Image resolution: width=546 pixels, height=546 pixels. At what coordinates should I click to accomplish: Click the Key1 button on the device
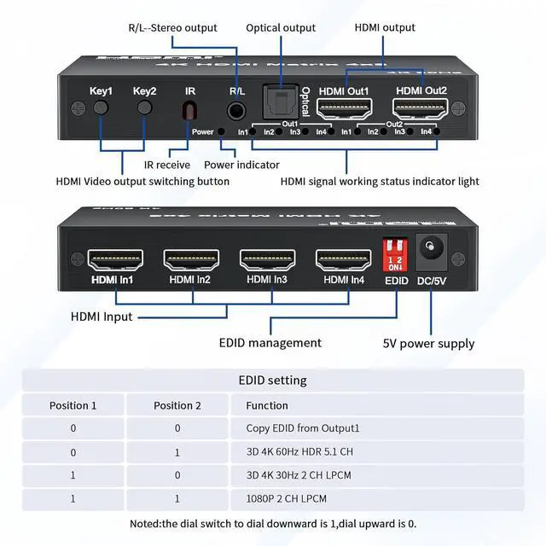click(x=101, y=108)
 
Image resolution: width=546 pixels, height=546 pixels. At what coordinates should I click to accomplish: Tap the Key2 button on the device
click(x=145, y=108)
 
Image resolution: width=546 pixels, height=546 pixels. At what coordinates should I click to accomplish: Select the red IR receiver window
click(x=190, y=111)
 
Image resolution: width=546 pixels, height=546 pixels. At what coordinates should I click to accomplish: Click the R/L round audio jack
click(x=237, y=111)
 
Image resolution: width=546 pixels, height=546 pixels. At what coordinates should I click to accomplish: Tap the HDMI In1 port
click(x=116, y=258)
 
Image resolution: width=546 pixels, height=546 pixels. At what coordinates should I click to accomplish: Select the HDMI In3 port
click(x=268, y=258)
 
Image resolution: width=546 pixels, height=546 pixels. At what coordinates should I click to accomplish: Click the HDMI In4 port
click(x=343, y=258)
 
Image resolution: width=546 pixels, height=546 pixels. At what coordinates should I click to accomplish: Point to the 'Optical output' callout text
click(x=281, y=28)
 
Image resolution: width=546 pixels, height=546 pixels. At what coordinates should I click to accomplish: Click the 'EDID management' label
click(x=270, y=343)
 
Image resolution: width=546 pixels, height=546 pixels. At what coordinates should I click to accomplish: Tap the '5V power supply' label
click(x=428, y=344)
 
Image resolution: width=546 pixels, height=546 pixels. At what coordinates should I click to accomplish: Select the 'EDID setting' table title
click(x=272, y=380)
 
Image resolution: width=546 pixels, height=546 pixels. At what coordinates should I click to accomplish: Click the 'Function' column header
click(x=267, y=405)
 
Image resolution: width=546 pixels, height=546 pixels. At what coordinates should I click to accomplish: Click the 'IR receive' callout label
click(x=167, y=165)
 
